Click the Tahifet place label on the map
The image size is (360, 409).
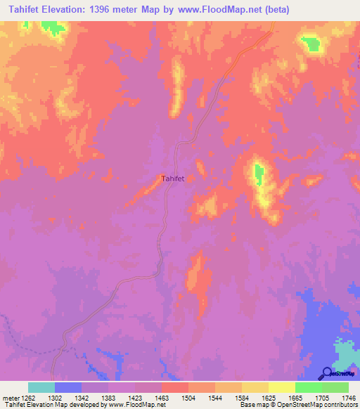[173, 178]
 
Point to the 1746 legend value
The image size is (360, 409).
[349, 398]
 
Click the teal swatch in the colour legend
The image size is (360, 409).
[41, 387]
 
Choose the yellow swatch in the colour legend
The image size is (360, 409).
[281, 387]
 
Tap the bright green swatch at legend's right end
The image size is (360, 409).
[335, 387]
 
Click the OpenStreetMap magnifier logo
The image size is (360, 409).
[326, 372]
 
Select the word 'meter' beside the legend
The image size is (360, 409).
[9, 398]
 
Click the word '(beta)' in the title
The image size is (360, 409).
[274, 9]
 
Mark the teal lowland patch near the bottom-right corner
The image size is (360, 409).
[344, 351]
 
